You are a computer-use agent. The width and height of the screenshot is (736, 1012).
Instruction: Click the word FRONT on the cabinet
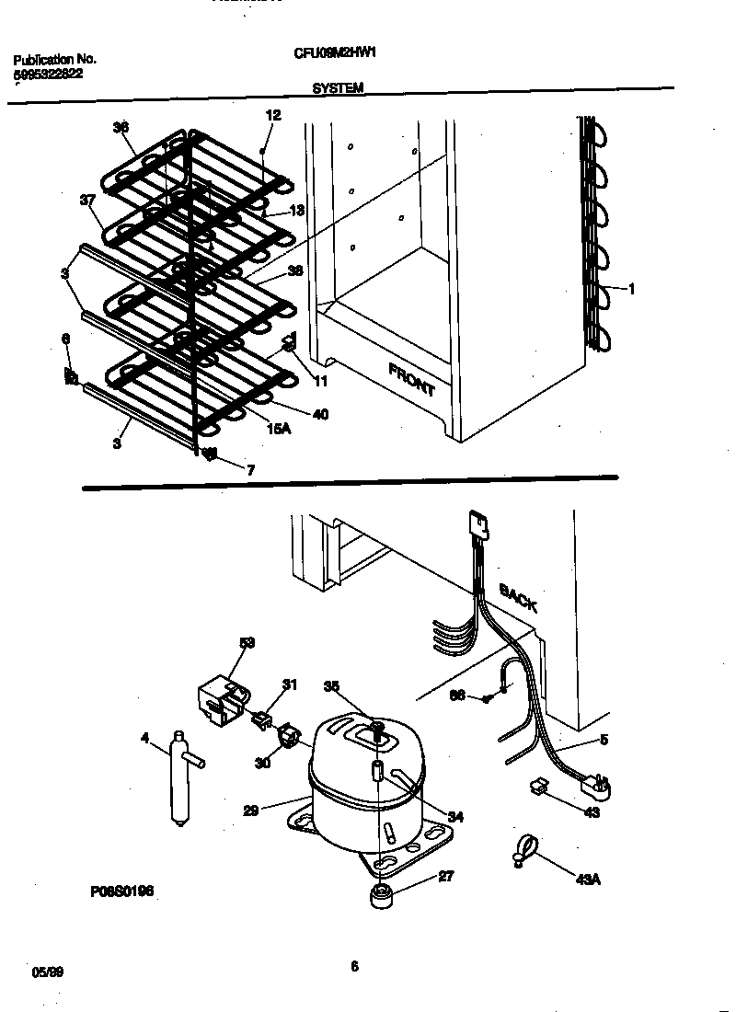[x=411, y=379]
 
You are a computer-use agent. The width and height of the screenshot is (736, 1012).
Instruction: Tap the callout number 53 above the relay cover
[x=247, y=642]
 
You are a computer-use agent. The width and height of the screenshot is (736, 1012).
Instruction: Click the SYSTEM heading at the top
[x=338, y=88]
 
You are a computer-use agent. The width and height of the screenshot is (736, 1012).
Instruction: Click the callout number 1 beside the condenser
[x=632, y=290]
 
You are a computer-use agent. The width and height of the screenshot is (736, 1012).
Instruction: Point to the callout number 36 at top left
[x=121, y=128]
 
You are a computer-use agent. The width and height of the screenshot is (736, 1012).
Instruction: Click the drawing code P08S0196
[x=121, y=891]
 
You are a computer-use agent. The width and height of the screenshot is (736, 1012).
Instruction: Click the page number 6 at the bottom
[x=353, y=966]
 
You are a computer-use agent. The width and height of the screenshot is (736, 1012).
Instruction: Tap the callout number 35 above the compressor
[x=332, y=685]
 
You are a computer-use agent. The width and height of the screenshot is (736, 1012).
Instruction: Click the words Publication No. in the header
[x=54, y=60]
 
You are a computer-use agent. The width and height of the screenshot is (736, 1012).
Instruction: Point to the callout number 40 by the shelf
[x=320, y=414]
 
